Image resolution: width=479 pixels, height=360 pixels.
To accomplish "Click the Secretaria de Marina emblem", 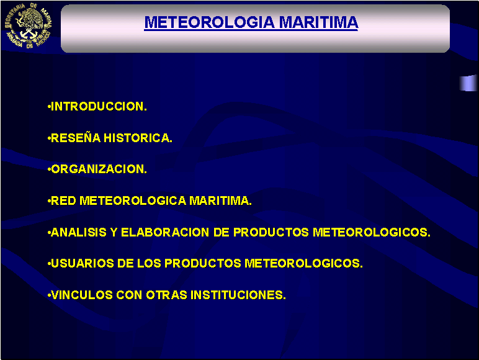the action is [28, 25].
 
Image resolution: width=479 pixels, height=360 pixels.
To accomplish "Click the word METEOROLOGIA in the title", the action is [210, 22].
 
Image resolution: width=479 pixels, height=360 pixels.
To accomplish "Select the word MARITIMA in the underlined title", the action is [319, 22].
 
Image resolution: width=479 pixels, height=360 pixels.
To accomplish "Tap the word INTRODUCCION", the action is [99, 106].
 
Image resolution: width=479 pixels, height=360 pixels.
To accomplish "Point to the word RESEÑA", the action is [76, 138].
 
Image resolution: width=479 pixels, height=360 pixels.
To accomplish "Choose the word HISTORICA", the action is [138, 138].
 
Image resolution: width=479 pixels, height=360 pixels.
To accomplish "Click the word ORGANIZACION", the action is [99, 169].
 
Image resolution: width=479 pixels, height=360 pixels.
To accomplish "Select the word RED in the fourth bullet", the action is [63, 200].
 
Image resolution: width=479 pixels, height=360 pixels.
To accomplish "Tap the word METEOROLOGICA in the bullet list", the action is [133, 200].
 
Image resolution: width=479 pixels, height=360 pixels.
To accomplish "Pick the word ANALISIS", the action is [79, 232].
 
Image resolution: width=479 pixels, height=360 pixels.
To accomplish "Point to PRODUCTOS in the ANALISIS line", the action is [271, 232].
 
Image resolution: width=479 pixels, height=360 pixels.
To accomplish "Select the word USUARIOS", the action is [82, 263].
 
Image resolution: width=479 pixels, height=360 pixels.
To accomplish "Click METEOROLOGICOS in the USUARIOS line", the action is [303, 263].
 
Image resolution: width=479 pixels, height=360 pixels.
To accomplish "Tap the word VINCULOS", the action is [82, 295].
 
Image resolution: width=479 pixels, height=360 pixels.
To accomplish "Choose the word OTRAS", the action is [166, 295].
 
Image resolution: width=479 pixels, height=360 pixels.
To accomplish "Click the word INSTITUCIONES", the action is [238, 295].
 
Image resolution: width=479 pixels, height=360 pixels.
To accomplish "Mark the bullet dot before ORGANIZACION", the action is [49, 169].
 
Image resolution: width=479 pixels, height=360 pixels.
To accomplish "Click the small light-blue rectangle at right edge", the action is [468, 83].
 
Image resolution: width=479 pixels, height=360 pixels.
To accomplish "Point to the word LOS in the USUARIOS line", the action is [149, 263].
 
